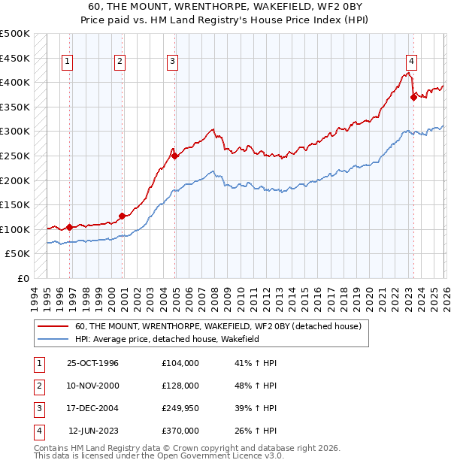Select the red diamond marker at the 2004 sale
pyautogui.click(x=175, y=156)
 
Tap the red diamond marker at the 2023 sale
pyautogui.click(x=413, y=96)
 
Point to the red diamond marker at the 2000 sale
pyautogui.click(x=123, y=216)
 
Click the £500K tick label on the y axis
pyautogui.click(x=15, y=34)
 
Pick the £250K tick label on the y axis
pyautogui.click(x=15, y=156)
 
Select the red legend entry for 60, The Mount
pyautogui.click(x=218, y=327)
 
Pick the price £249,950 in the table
pyautogui.click(x=180, y=408)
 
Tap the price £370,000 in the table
pyautogui.click(x=180, y=431)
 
